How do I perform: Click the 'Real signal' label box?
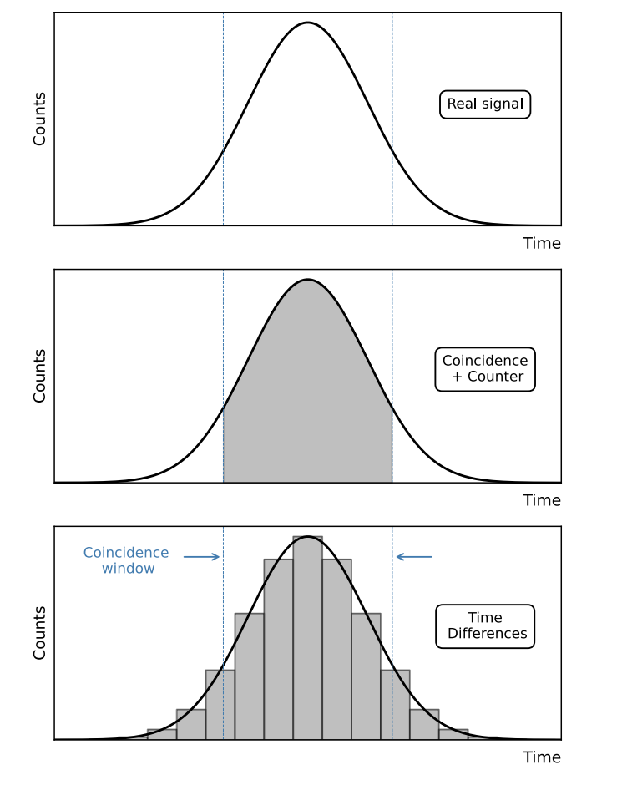coord(485,104)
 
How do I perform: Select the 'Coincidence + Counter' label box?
coord(485,369)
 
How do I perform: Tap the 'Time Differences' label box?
coord(485,626)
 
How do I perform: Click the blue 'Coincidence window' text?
coord(127,560)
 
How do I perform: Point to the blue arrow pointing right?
coord(201,556)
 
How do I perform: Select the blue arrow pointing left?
coord(414,556)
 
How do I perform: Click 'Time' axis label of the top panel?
coord(542,244)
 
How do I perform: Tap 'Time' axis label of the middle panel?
coord(542,500)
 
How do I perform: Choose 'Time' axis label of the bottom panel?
coord(542,757)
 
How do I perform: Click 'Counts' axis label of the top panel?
coord(39,119)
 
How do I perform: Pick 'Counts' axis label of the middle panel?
coord(39,376)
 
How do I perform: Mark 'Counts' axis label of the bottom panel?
coord(39,632)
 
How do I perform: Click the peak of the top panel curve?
coord(307,23)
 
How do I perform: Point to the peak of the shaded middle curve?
coord(307,280)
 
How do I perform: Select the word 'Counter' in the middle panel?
coord(496,377)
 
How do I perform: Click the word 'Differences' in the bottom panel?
coord(488,634)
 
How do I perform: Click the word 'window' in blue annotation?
coord(129,569)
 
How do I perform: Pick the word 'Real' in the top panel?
coord(461,104)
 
